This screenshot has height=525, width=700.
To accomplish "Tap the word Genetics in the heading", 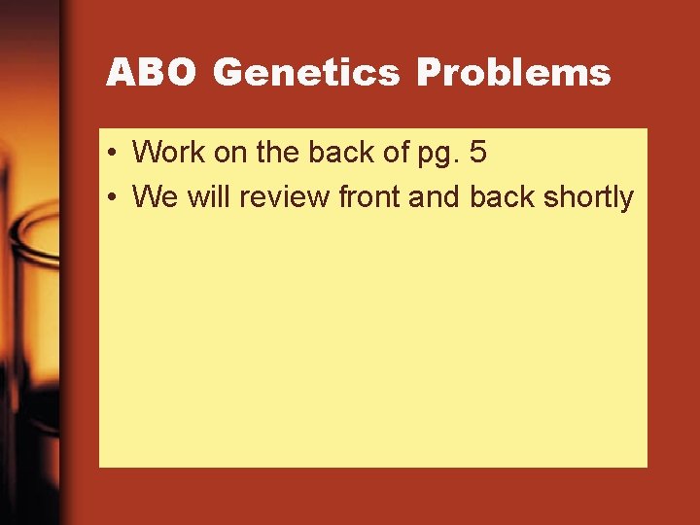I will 305,73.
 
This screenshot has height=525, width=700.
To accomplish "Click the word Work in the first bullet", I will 165,152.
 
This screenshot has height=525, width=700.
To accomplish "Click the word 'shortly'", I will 589,196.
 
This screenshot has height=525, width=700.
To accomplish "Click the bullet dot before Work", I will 114,153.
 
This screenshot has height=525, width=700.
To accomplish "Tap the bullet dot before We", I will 114,197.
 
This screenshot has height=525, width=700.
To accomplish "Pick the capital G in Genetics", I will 227,73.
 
